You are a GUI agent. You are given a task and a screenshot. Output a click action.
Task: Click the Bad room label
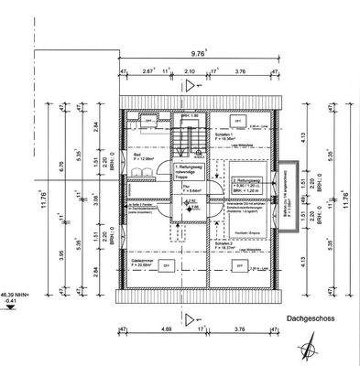(136, 156)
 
